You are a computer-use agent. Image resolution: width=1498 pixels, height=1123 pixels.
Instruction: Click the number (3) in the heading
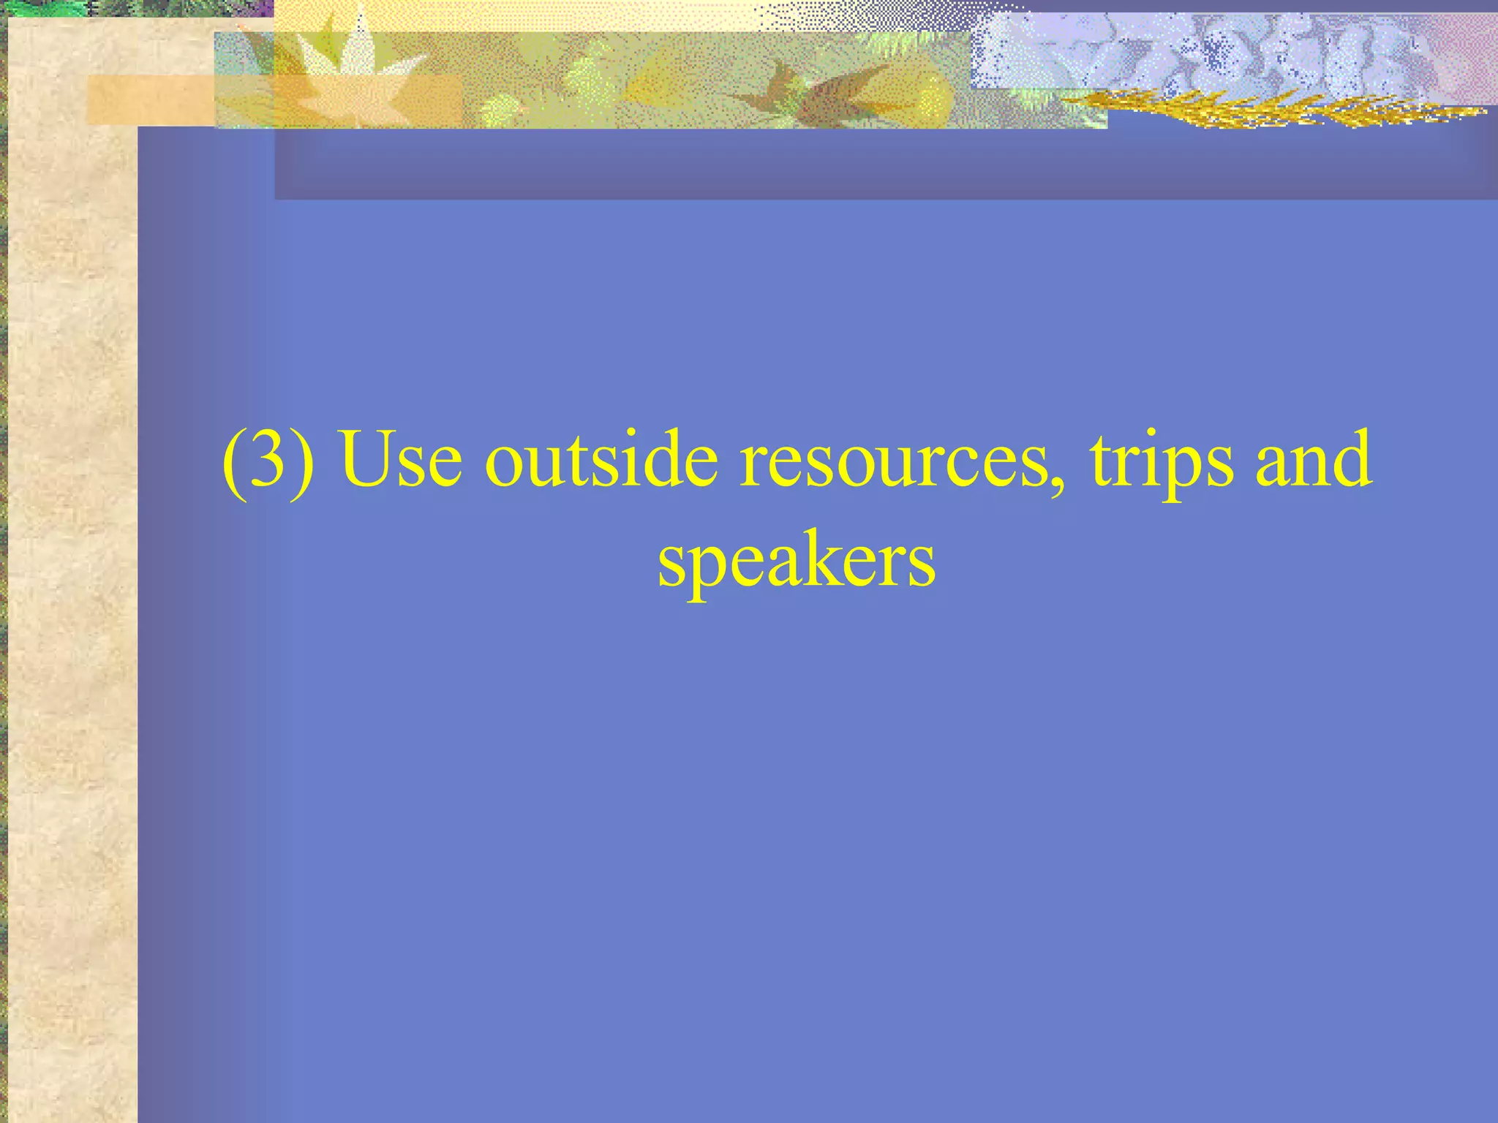[x=268, y=461]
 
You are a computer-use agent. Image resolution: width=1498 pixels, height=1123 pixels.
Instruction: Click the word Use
[x=402, y=461]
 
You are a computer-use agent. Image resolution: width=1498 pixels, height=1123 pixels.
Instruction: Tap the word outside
[x=601, y=461]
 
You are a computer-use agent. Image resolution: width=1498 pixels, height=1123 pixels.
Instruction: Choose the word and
[x=1313, y=461]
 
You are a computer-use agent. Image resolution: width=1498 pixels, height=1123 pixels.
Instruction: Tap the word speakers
[x=796, y=563]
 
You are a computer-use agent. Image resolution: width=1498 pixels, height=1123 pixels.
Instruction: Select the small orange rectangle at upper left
[x=146, y=99]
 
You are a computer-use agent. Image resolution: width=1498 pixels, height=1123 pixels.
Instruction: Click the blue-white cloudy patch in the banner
[x=1207, y=51]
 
